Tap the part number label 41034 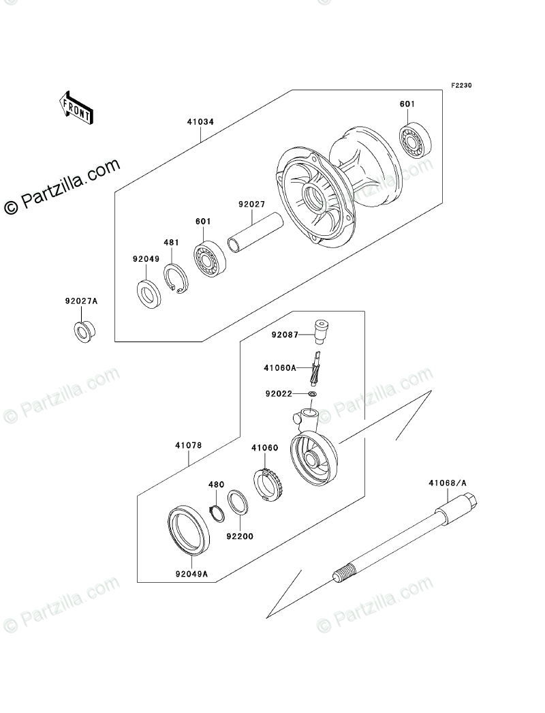[201, 123]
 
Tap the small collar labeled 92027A [84, 331]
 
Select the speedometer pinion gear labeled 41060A [315, 369]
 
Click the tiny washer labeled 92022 [313, 394]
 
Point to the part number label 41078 [188, 446]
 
